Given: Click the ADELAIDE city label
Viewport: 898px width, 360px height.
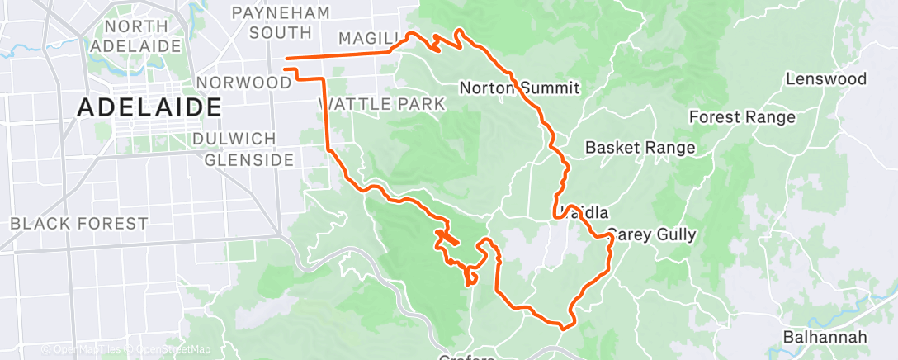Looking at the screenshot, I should pyautogui.click(x=149, y=107).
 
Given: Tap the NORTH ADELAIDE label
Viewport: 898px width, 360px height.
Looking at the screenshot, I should pyautogui.click(x=139, y=35).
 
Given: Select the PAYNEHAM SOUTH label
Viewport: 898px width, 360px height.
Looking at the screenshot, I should pyautogui.click(x=280, y=22).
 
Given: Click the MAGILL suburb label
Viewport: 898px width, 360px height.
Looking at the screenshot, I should pyautogui.click(x=369, y=38).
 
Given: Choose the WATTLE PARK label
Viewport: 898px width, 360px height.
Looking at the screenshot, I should pyautogui.click(x=381, y=104).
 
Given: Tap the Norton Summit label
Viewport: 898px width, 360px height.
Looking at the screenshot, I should pyautogui.click(x=519, y=88).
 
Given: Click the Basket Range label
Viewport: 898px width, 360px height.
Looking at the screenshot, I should pyautogui.click(x=640, y=148).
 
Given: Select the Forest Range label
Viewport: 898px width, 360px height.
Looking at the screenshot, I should pyautogui.click(x=742, y=117).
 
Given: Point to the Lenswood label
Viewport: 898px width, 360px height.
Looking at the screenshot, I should pyautogui.click(x=825, y=79).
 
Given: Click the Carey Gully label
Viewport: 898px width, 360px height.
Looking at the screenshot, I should pyautogui.click(x=652, y=234).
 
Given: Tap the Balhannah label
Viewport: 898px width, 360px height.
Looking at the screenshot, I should pyautogui.click(x=825, y=337).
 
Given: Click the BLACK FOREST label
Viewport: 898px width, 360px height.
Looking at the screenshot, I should pyautogui.click(x=79, y=223).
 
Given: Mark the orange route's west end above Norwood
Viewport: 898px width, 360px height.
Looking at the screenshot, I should pyautogui.click(x=286, y=59).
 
